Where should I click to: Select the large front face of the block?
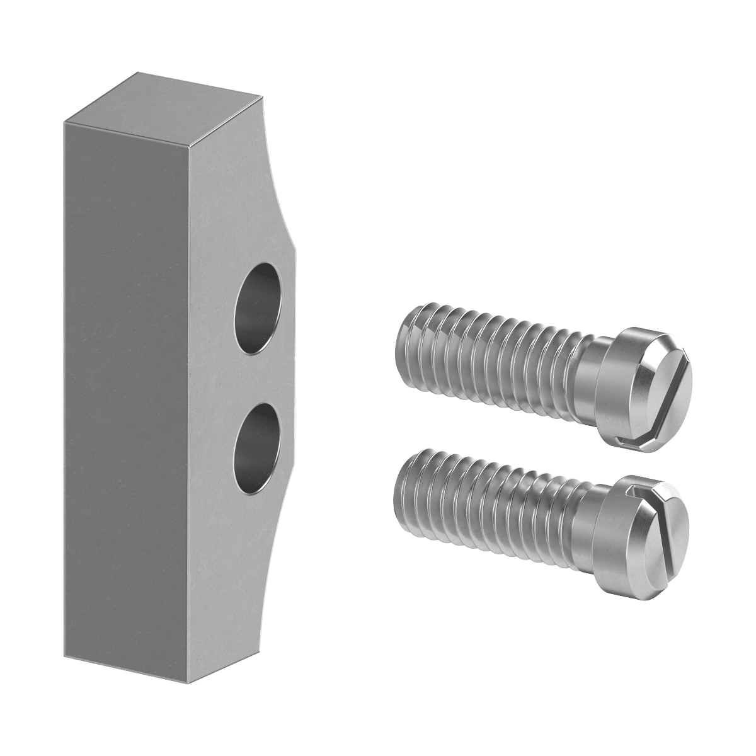(x=126, y=378)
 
